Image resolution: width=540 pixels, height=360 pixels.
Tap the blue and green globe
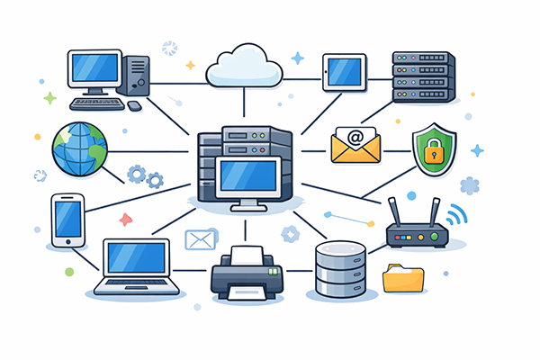point(78,149)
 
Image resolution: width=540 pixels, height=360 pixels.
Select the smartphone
point(67,219)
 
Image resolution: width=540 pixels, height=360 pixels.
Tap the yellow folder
point(402,278)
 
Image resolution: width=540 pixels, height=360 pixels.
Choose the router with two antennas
point(417,233)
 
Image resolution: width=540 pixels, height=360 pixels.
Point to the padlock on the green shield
point(434,150)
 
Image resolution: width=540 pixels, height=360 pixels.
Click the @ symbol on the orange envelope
point(355,139)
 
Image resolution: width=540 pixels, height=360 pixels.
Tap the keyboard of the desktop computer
point(96,104)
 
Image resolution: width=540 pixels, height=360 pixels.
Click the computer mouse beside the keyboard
point(134,105)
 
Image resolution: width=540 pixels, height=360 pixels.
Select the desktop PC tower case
point(137,75)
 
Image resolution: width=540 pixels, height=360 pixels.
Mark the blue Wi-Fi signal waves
point(457,216)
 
